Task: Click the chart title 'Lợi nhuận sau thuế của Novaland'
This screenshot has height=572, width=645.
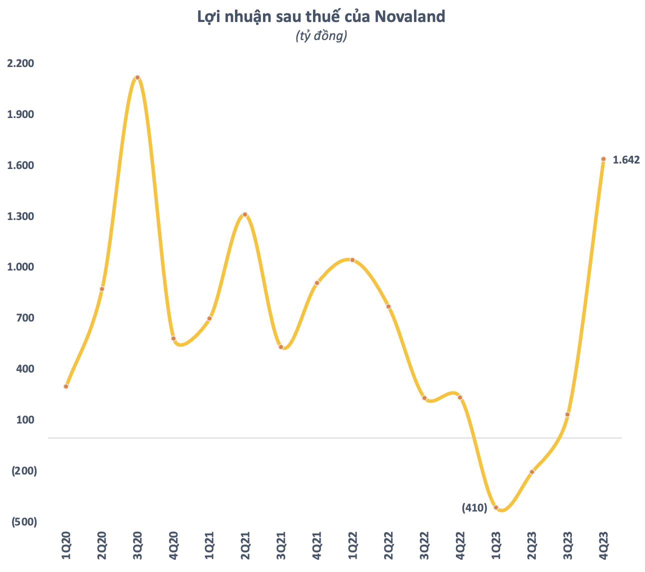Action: [x=321, y=16]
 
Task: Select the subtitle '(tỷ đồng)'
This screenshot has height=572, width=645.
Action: [x=321, y=36]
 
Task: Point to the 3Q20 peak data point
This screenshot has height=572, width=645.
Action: [x=137, y=77]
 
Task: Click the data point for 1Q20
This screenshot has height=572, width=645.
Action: [x=66, y=386]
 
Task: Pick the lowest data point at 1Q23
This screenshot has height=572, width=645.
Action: [x=496, y=507]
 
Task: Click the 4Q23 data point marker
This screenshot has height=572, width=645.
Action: [x=603, y=159]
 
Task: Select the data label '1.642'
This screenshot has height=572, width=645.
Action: [x=626, y=160]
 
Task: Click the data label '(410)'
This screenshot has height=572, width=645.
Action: [x=474, y=508]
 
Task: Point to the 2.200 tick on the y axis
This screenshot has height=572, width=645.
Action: [x=20, y=63]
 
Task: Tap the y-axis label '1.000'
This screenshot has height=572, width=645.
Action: [x=20, y=267]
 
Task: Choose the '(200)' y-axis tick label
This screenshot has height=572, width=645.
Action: [x=24, y=471]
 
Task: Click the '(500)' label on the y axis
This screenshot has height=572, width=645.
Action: [x=24, y=522]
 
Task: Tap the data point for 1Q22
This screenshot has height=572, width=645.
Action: [x=352, y=260]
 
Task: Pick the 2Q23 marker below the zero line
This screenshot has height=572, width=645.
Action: [x=532, y=472]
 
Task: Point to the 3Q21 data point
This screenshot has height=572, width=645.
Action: [x=281, y=347]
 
